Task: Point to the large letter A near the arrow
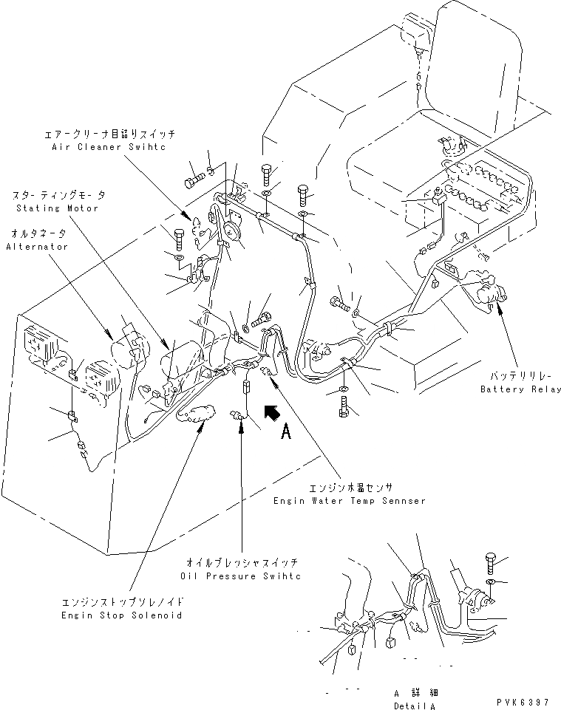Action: click(x=285, y=435)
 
